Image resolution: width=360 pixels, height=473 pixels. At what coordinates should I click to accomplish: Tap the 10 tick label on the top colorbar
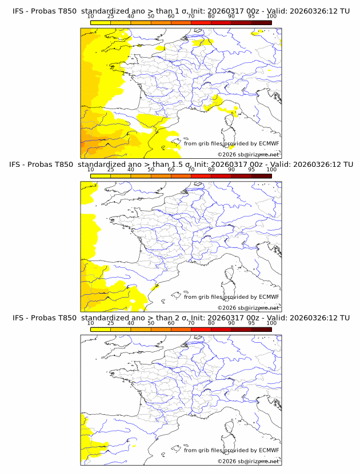click(90, 17)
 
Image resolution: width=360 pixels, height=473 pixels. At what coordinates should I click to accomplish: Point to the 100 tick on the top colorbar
click(271, 17)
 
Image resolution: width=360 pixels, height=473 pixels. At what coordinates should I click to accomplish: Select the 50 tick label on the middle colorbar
click(151, 170)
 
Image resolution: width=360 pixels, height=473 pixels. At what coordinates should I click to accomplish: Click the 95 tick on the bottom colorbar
click(251, 323)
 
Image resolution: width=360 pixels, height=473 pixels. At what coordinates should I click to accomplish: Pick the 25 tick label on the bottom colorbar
click(110, 323)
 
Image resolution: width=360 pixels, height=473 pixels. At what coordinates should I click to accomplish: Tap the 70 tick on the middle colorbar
click(191, 170)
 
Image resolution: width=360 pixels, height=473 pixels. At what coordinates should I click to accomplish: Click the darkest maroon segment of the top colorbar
click(262, 22)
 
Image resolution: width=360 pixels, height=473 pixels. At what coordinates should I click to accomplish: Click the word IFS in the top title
click(19, 11)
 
